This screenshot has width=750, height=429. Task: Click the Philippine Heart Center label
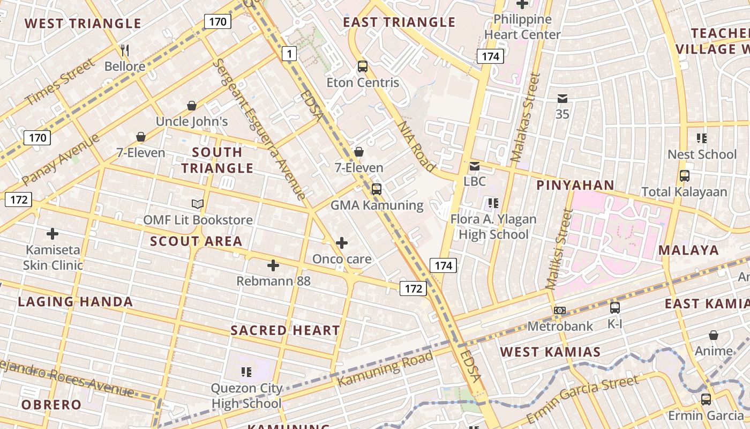click(522, 27)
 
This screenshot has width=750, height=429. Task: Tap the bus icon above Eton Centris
click(363, 66)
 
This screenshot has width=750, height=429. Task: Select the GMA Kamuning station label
click(377, 205)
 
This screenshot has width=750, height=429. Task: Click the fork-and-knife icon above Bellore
click(125, 50)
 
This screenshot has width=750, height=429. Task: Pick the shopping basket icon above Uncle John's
click(192, 106)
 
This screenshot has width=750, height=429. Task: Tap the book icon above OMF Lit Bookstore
click(198, 204)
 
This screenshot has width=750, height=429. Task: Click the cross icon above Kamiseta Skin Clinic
click(52, 234)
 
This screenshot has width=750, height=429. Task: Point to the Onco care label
click(342, 259)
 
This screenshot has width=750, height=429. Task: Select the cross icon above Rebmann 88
click(273, 265)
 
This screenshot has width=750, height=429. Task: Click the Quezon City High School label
click(246, 396)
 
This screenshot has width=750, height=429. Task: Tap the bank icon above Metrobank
click(560, 310)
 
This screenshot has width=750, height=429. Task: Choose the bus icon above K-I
click(615, 308)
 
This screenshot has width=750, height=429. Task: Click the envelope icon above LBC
click(475, 166)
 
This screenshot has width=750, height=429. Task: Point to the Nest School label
click(702, 154)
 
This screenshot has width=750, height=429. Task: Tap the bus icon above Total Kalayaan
click(684, 176)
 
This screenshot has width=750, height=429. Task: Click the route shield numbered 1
click(289, 54)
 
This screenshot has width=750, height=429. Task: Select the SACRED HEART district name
click(285, 330)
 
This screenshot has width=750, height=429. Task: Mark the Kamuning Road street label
click(385, 369)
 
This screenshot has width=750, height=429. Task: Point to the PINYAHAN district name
click(575, 186)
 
